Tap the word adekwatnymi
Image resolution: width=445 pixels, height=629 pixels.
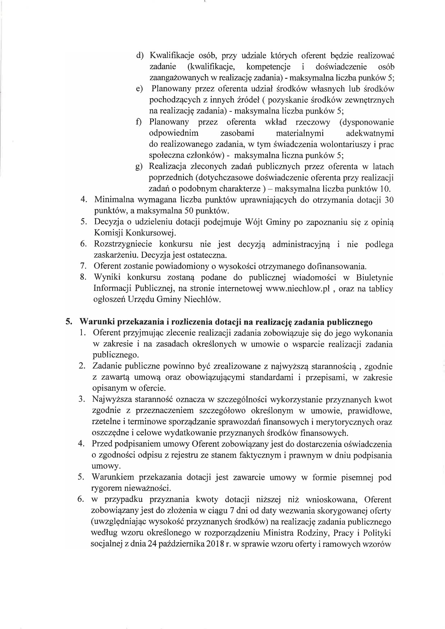(x=370, y=133)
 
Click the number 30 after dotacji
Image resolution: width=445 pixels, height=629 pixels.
(x=389, y=200)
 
